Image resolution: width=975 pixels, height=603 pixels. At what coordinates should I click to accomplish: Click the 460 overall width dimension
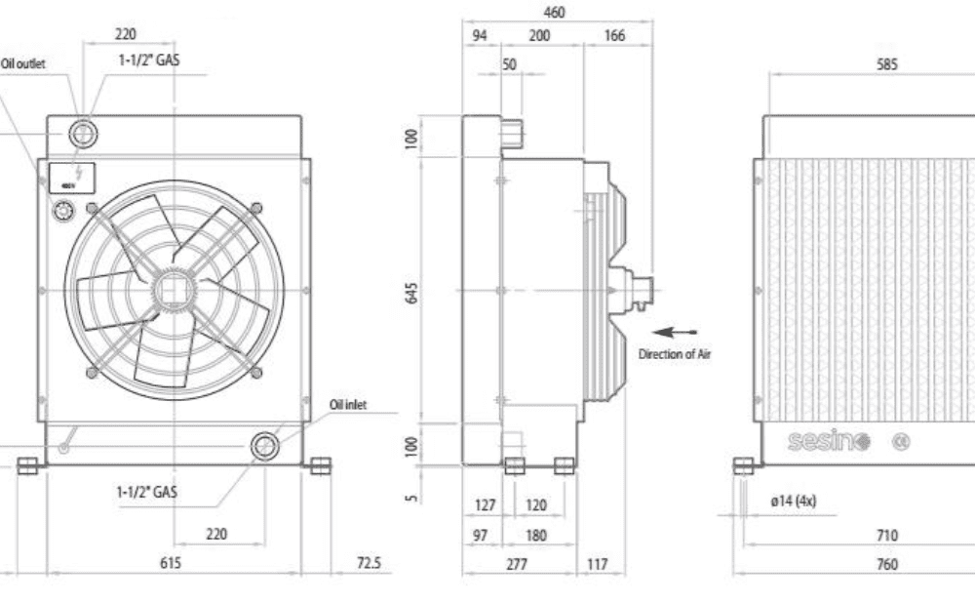[x=553, y=13]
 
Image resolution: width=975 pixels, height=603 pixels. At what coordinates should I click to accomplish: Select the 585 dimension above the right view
[x=887, y=64]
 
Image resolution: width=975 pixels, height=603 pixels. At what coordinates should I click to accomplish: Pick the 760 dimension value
[x=887, y=563]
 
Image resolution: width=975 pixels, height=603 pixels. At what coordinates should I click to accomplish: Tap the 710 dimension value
[x=887, y=536]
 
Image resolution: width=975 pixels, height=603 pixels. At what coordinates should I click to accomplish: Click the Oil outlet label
[x=23, y=64]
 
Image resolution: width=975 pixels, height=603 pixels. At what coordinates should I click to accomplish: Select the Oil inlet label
[x=348, y=405]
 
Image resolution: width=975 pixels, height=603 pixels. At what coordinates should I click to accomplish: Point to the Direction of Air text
[x=675, y=354]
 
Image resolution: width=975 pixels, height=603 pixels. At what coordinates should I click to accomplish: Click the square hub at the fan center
[x=174, y=289]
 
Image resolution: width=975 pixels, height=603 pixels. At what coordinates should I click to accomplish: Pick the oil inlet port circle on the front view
[x=264, y=446]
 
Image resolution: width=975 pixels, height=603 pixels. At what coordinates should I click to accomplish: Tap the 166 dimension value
[x=614, y=35]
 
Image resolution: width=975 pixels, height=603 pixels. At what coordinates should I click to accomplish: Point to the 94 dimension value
[x=479, y=35]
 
